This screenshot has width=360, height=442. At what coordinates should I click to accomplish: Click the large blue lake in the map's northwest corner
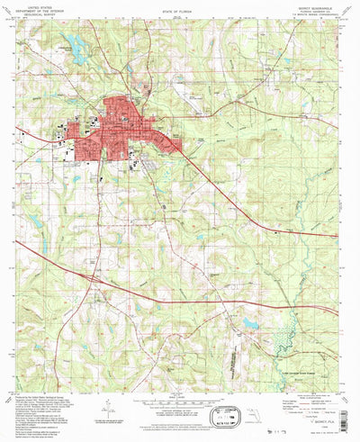76,53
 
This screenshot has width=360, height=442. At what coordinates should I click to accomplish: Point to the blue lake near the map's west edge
36,221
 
